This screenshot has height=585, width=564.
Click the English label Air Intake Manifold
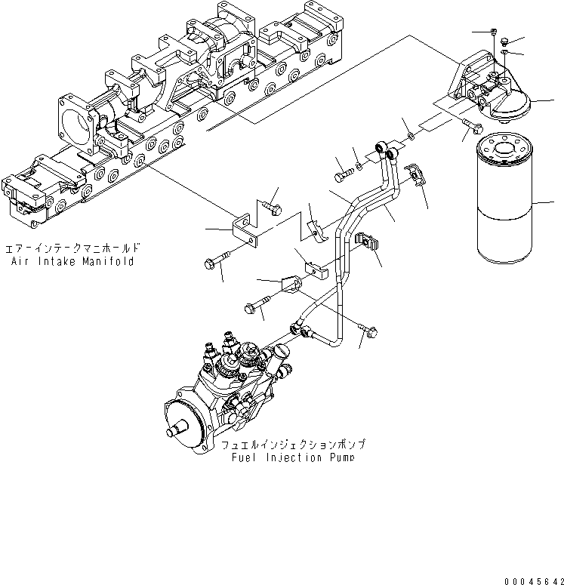pyautogui.click(x=72, y=261)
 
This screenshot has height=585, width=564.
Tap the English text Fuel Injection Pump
pyautogui.click(x=293, y=457)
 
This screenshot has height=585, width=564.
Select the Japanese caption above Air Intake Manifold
pyautogui.click(x=72, y=248)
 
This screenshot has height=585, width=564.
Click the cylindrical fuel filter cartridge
pyautogui.click(x=507, y=205)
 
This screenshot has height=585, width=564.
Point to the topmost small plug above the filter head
pyautogui.click(x=492, y=32)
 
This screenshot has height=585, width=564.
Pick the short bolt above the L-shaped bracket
pyautogui.click(x=272, y=205)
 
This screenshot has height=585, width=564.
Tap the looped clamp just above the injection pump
pyautogui.click(x=289, y=285)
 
